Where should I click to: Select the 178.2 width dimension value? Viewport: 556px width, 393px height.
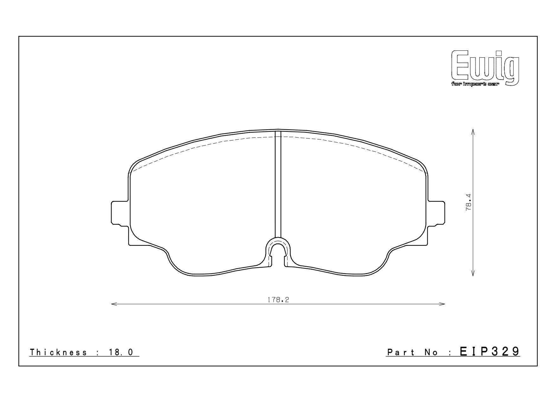(278, 300)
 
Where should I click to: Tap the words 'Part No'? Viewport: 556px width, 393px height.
(412, 352)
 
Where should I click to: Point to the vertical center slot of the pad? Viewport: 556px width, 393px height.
(278, 184)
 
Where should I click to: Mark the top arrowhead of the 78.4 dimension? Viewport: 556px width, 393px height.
(473, 131)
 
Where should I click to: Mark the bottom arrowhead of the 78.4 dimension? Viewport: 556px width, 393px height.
(473, 274)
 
